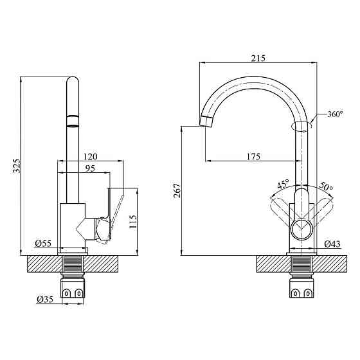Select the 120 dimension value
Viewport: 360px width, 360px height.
tap(90, 157)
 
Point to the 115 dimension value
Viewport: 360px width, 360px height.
tap(133, 221)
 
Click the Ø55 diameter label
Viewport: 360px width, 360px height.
tap(43, 243)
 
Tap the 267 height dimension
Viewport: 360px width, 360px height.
tap(177, 190)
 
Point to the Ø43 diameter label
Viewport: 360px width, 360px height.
tap(332, 244)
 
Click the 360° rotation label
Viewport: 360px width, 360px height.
tap(335, 114)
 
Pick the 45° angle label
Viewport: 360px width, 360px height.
tap(283, 185)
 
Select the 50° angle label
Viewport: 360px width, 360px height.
tap(326, 187)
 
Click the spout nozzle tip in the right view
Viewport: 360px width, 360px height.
tap(207, 120)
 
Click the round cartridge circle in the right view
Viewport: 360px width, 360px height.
tap(301, 228)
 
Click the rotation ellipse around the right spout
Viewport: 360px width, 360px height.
tap(301, 126)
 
